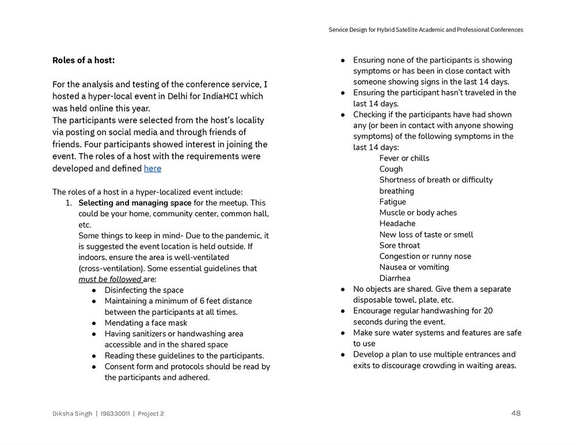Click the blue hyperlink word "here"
coord(153,168)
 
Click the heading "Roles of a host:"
coord(84,60)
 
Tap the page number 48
coord(516,413)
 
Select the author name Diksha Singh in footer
coord(72,413)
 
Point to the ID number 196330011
coord(115,413)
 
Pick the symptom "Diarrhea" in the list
coord(395,278)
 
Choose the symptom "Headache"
coord(397,223)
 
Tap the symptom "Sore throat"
coord(399,245)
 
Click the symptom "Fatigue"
coord(392,201)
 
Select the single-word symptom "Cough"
coord(391,169)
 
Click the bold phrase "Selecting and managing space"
coord(135,203)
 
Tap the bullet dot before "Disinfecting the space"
coord(94,290)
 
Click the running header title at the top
coord(426,30)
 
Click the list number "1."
coord(68,203)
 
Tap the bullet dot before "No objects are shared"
coord(343,289)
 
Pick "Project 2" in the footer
coord(151,413)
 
